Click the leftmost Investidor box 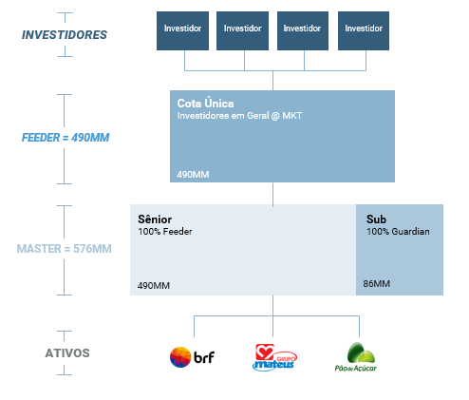click(x=182, y=30)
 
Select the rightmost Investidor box click(x=364, y=30)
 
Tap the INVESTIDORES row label click(x=65, y=35)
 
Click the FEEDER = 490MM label click(x=66, y=138)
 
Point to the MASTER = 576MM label click(x=65, y=249)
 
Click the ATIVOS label click(x=67, y=353)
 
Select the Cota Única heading click(x=205, y=104)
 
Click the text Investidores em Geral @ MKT click(x=239, y=116)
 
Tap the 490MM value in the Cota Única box click(x=193, y=175)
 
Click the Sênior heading click(x=155, y=219)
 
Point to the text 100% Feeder click(x=165, y=232)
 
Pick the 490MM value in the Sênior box click(x=154, y=286)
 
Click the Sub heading click(x=376, y=219)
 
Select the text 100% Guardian click(x=398, y=232)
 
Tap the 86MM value click(x=377, y=284)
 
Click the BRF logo click(x=192, y=357)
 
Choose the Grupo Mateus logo click(x=274, y=357)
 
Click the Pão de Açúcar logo click(x=356, y=357)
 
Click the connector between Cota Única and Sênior click(x=272, y=194)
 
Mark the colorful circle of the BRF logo click(x=180, y=357)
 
